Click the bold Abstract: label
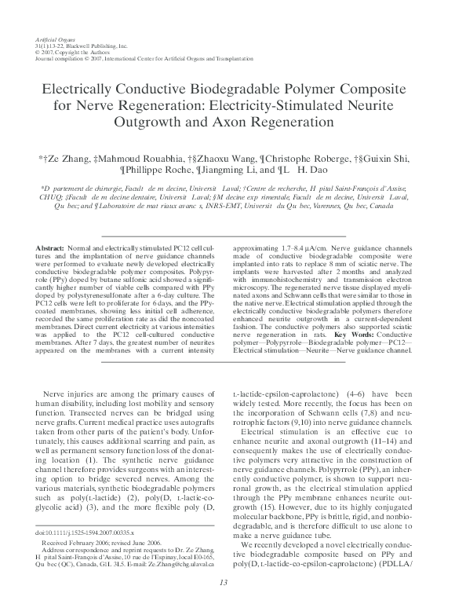tap(53, 248)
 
